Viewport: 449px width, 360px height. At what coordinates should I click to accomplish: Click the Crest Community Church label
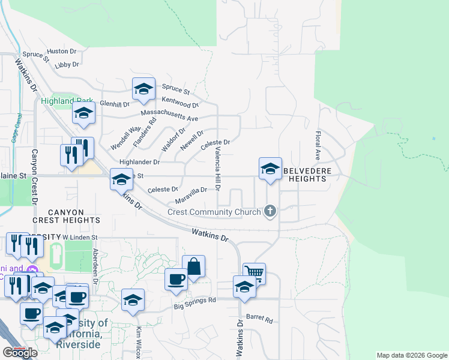(x=214, y=211)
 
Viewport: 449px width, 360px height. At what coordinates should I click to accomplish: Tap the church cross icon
(x=270, y=211)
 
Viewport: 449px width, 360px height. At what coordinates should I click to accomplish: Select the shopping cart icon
(x=254, y=274)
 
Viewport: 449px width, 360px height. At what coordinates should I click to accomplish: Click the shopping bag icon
(x=194, y=266)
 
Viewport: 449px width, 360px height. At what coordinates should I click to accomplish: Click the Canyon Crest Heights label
(x=66, y=216)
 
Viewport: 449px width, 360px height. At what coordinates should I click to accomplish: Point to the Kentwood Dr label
(x=180, y=102)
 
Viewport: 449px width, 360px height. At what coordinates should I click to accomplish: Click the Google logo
(x=20, y=353)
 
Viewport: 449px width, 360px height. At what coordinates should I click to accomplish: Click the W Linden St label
(x=80, y=238)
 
